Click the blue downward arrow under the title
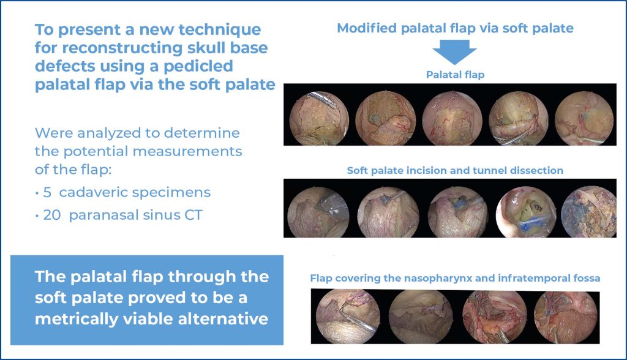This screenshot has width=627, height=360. tap(454, 53)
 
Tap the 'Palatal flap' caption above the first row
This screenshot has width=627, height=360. tap(455, 75)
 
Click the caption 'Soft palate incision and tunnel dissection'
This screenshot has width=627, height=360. tap(455, 170)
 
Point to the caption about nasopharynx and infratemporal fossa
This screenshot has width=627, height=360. tap(455, 278)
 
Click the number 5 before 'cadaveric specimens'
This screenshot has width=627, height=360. tap(45, 192)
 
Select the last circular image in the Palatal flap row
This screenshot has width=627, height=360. tap(583, 118)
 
